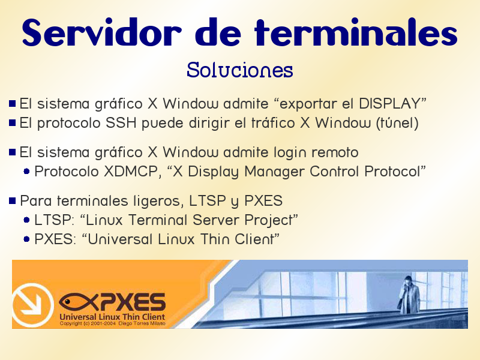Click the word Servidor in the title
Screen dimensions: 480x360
pyautogui.click(x=101, y=33)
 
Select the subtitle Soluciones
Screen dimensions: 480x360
pyautogui.click(x=239, y=70)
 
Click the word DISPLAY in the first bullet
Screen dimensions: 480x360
pyautogui.click(x=389, y=103)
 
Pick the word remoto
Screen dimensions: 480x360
pyautogui.click(x=335, y=152)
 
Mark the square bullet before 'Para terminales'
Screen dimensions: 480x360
pyautogui.click(x=12, y=201)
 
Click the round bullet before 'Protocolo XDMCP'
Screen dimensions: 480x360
pyautogui.click(x=26, y=172)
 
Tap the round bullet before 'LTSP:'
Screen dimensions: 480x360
pyautogui.click(x=26, y=220)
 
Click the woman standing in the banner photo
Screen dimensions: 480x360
pyautogui.click(x=409, y=295)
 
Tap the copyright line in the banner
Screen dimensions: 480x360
pyautogui.click(x=112, y=323)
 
